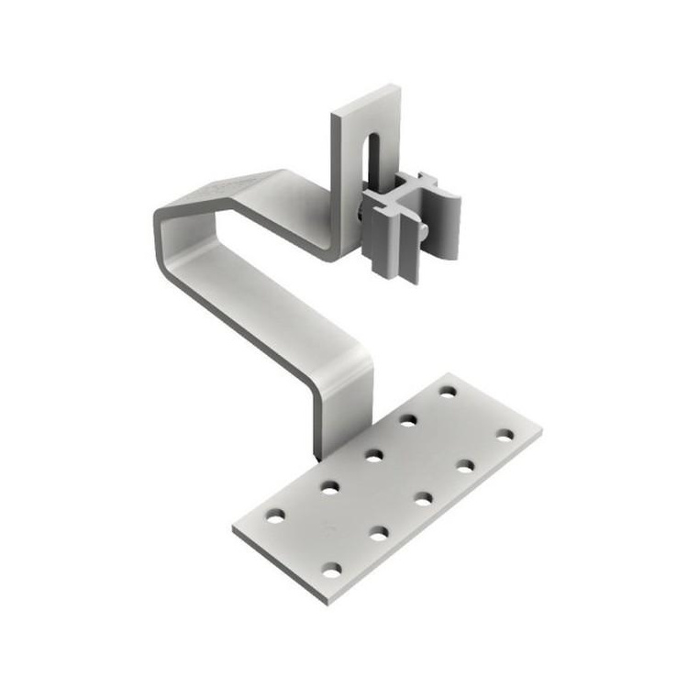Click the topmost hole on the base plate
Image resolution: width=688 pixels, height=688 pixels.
(x=448, y=392)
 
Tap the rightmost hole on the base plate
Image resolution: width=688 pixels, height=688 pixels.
(x=505, y=434)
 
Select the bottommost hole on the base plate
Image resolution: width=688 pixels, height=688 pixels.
(x=331, y=571)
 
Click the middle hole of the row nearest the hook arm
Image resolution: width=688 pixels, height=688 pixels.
(x=373, y=453)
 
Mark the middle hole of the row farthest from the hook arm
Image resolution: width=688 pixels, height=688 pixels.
(x=423, y=499)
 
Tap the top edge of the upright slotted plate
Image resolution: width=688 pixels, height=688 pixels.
(x=367, y=97)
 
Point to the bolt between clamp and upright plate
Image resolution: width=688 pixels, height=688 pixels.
(x=360, y=215)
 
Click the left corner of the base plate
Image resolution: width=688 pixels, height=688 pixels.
(x=233, y=530)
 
